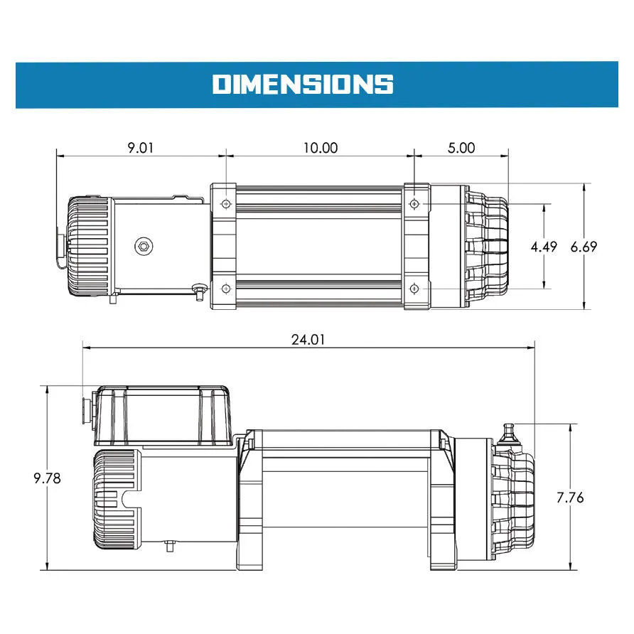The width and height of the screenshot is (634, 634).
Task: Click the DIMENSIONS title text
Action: coord(303,84)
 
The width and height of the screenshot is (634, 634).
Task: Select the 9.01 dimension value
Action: coord(140,148)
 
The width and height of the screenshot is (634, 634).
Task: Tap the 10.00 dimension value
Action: coord(320,148)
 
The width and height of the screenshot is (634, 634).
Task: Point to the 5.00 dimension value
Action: coord(462,148)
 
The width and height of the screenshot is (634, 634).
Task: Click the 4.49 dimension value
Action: coord(544,247)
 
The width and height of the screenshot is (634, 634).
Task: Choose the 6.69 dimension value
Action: coord(584,247)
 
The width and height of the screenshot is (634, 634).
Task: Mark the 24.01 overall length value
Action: coord(308,339)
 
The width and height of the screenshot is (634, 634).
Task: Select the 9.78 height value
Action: coord(47,478)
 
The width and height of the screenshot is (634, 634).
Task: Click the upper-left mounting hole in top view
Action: coord(226,205)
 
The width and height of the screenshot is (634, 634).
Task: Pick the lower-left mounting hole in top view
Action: coord(226,289)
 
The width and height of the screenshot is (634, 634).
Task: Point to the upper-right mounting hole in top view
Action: coord(414,205)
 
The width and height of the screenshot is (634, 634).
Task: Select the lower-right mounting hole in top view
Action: coord(414,289)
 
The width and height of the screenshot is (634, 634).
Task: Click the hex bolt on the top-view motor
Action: coord(143,247)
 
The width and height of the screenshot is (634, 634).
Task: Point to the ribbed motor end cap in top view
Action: coord(89,247)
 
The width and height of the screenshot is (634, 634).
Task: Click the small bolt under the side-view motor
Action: coord(169,546)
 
